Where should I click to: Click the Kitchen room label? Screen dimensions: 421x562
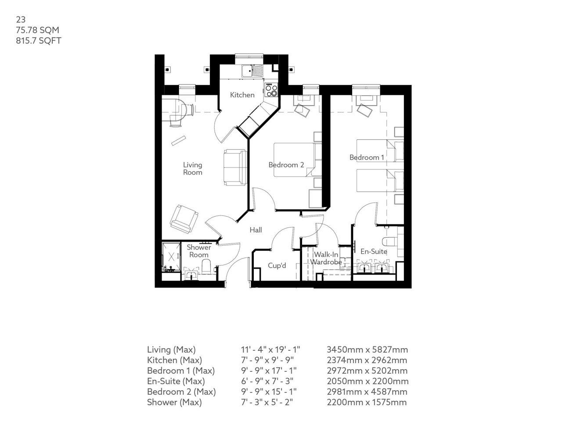coord(242,95)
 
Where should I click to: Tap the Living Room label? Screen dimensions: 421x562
coord(193,168)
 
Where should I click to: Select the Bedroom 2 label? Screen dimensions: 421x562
coord(286,165)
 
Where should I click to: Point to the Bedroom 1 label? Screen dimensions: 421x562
coord(367,157)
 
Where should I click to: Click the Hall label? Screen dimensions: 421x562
coord(256,230)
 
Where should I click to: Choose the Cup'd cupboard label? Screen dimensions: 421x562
coord(277,266)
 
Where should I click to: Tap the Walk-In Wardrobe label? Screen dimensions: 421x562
coord(326,258)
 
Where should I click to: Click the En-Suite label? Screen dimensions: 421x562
coord(374,252)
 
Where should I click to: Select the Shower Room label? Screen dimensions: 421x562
coord(199,251)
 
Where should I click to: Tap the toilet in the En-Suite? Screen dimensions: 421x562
coord(389,242)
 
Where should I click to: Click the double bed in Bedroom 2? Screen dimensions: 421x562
coord(295,160)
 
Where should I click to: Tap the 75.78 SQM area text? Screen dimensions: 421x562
coord(37,30)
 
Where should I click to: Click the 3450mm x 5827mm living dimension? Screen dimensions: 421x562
coord(367,350)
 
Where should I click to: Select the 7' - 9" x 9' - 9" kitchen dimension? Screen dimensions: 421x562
coord(270,360)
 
